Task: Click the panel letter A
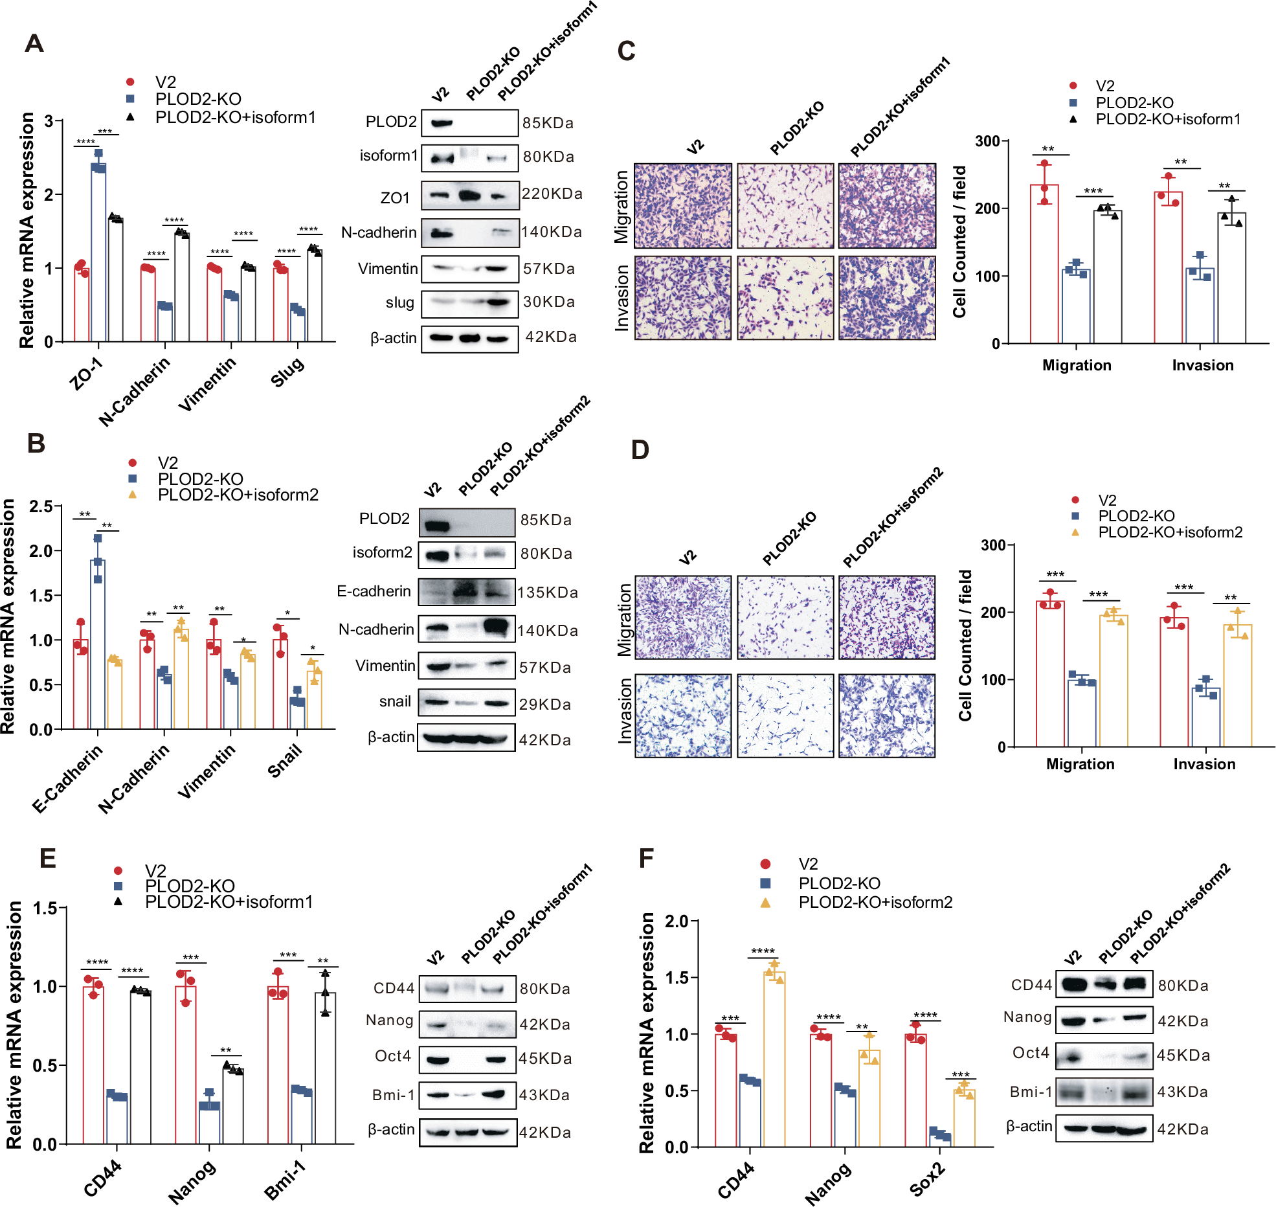click(34, 43)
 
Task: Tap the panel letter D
click(640, 449)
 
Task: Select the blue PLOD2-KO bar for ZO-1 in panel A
click(98, 253)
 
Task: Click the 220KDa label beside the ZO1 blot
click(552, 194)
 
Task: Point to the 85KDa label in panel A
click(548, 123)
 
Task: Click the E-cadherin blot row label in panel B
click(374, 591)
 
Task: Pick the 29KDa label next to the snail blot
click(544, 705)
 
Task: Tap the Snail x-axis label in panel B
click(285, 761)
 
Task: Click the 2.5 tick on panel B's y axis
click(41, 506)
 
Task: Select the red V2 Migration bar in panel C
click(1044, 264)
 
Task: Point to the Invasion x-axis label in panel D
click(1204, 764)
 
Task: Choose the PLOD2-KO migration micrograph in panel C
click(785, 205)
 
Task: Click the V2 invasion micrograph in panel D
click(683, 716)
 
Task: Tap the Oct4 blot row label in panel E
click(393, 1056)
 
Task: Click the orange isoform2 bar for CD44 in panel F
click(774, 1058)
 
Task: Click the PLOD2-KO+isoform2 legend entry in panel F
click(875, 902)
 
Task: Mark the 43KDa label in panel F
click(1182, 1092)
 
